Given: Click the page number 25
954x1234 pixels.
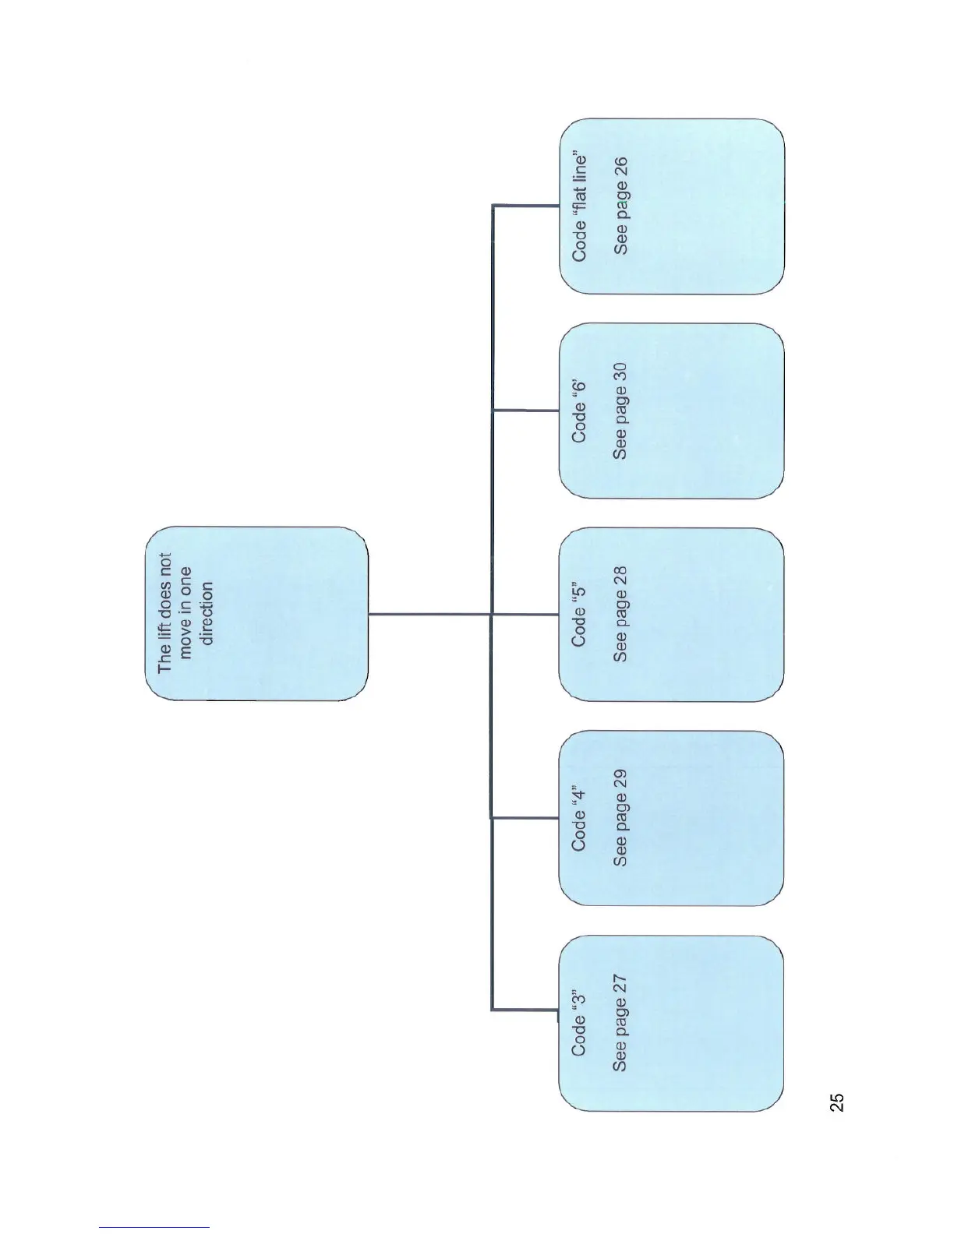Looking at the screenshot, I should [836, 1102].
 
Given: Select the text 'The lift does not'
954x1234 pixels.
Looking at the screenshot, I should [164, 613].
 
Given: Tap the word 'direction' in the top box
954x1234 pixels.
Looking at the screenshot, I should [207, 614].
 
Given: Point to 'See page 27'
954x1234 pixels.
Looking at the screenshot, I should [620, 1022].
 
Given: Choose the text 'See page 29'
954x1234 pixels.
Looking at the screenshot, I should [620, 818].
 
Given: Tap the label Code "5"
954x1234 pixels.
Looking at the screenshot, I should [578, 614].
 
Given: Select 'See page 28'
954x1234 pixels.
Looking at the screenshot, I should [620, 614].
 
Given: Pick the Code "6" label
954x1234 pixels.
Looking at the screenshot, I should [578, 410].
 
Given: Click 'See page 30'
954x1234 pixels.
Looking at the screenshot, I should [620, 410].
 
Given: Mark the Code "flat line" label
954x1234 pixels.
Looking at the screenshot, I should [578, 206].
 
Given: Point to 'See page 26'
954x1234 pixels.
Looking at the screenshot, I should [620, 206].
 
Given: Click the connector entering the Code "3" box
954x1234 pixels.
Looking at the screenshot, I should [524, 1010].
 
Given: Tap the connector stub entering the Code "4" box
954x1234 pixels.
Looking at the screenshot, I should [525, 818].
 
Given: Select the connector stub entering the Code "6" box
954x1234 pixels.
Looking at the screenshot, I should [525, 410].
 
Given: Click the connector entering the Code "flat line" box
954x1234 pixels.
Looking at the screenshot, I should [525, 206].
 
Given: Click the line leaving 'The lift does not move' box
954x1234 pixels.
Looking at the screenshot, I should [429, 614].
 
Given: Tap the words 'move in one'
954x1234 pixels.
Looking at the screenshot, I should [185, 614].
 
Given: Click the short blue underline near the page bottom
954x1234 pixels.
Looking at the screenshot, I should [154, 1228].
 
